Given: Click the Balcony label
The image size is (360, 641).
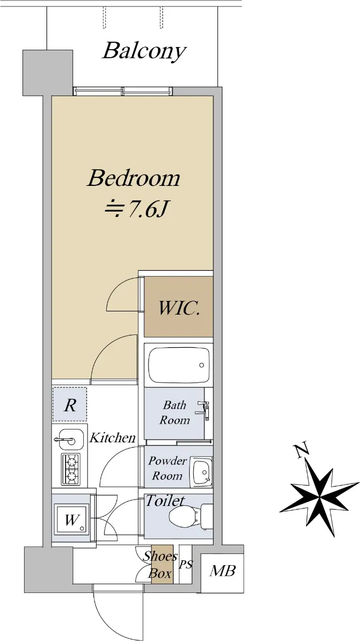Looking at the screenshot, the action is click(144, 51).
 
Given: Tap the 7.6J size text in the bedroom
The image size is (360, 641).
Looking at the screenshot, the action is click(147, 210).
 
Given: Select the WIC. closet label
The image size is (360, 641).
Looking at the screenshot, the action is click(179, 308).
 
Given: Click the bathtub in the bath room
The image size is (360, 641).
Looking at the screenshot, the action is click(179, 365).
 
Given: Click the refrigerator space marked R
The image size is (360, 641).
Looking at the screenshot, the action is click(70, 404).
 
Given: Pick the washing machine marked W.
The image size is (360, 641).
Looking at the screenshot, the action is click(71, 520).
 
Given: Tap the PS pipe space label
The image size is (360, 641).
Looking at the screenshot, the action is click(186, 565).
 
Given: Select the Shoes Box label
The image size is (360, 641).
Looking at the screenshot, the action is click(160, 565).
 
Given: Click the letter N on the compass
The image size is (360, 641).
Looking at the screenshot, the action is click(302, 450).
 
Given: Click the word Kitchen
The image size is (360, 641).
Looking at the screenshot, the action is click(113, 438).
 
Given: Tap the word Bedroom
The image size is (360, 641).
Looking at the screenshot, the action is click(134, 178).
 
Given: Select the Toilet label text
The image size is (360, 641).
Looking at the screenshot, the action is click(165, 501).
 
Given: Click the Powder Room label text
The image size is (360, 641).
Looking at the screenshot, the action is click(167, 468).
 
